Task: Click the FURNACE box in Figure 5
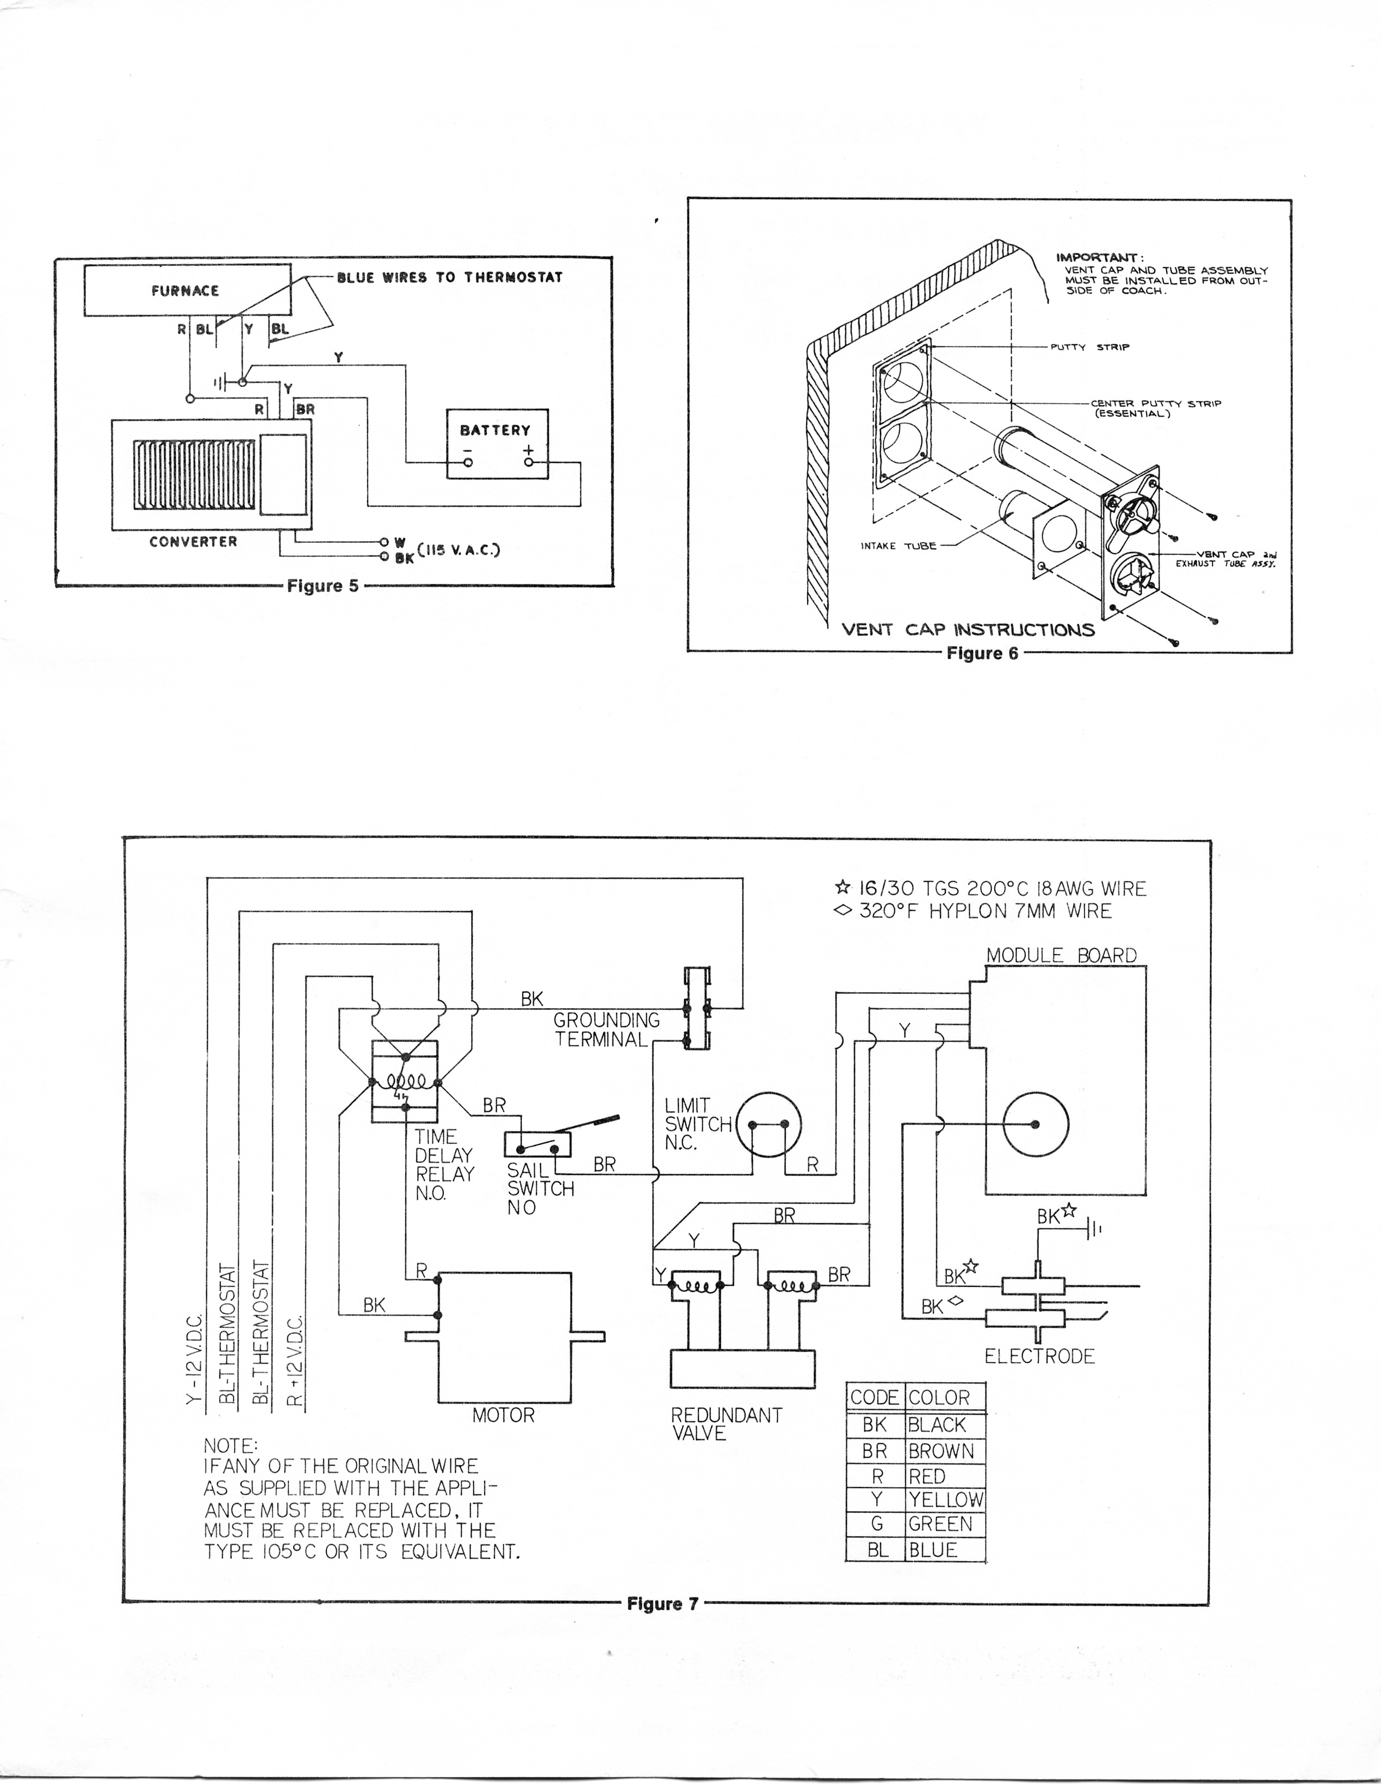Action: (x=188, y=290)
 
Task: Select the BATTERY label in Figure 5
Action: (x=495, y=430)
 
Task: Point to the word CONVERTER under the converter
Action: (x=194, y=542)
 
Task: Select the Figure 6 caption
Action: (x=982, y=653)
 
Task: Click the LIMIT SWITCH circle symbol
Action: (x=769, y=1125)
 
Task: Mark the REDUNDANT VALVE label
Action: (x=727, y=1424)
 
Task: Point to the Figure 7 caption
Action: (x=663, y=1603)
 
